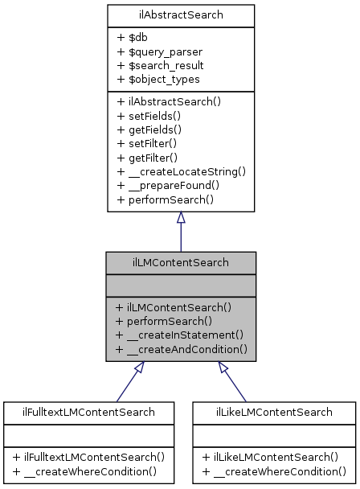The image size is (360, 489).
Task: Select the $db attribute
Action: pos(133,37)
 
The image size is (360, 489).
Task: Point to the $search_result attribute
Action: pos(160,64)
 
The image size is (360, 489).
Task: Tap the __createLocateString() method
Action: pos(181,171)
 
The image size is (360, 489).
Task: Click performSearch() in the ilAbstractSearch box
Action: pos(165,198)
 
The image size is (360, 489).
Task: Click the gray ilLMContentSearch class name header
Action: pos(181,261)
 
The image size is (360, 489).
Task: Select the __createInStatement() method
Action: pos(179,335)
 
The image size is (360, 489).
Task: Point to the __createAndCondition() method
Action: pos(181,349)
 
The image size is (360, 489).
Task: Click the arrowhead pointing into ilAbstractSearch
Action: pos(181,218)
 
